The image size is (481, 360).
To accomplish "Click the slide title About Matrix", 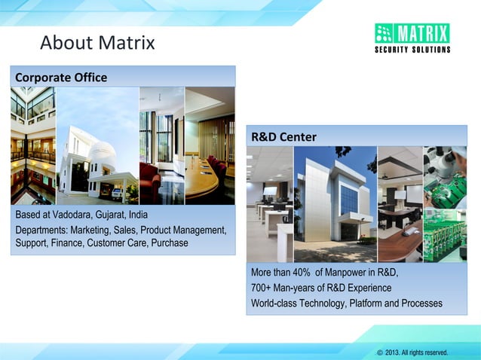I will (97, 43).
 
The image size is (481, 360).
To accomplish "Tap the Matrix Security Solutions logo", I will (412, 38).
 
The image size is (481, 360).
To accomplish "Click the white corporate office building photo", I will (97, 147).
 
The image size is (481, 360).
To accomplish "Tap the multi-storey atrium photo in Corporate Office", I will (32, 147).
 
